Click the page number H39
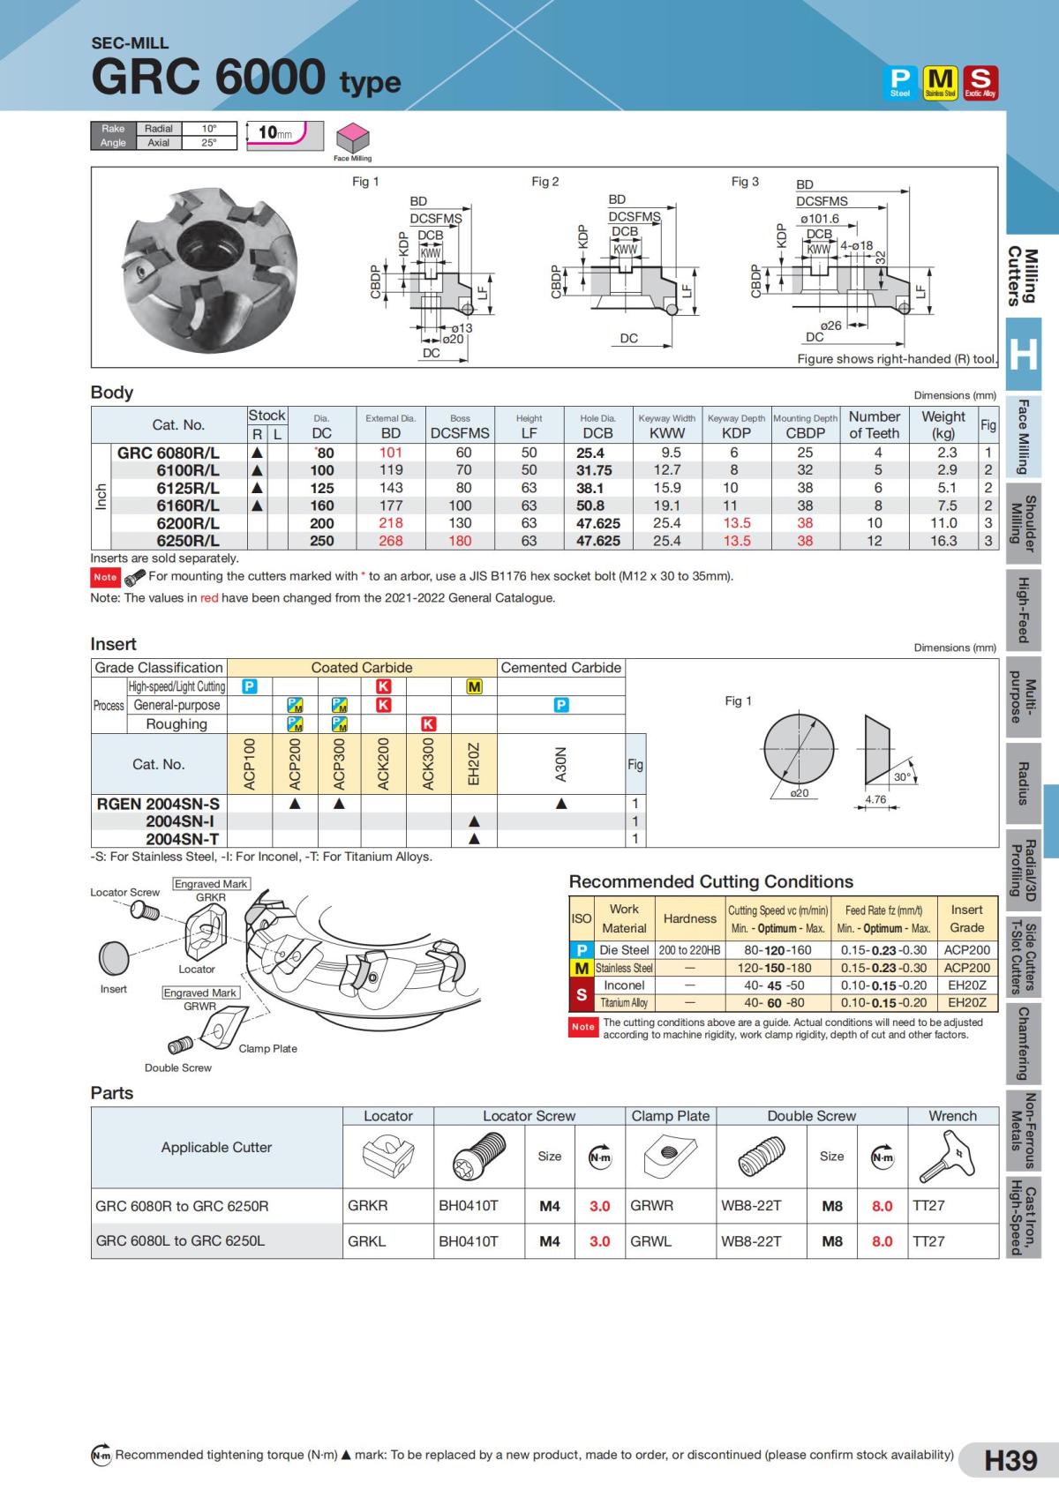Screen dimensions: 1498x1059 tap(1010, 1460)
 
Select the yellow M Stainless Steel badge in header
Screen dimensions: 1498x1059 tap(940, 82)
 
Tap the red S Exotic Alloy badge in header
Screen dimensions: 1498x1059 tap(980, 82)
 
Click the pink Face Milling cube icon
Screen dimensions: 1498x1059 tap(353, 138)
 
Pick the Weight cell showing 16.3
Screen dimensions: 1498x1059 tap(943, 541)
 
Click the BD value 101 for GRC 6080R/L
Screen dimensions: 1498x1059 tap(391, 453)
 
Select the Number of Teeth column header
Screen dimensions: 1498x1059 tap(874, 424)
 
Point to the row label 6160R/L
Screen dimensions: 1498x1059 tap(188, 506)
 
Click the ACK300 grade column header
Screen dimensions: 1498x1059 tap(428, 764)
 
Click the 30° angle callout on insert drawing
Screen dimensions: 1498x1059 tap(902, 777)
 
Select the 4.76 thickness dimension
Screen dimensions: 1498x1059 tap(875, 800)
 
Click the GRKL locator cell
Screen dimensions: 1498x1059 tap(368, 1240)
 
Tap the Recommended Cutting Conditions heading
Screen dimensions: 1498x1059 tap(710, 881)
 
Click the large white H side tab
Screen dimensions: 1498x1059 tap(1024, 354)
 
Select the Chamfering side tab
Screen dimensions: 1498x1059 tap(1024, 1044)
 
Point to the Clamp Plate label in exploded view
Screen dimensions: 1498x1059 tap(267, 1048)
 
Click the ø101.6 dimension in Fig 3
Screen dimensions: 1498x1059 tap(819, 219)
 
